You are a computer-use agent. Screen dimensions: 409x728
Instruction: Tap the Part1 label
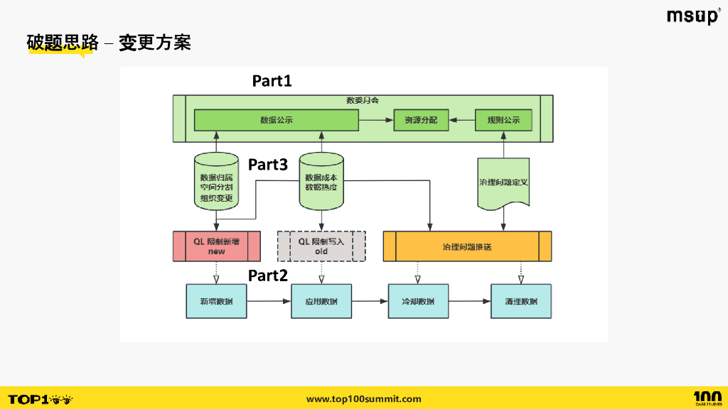(272, 81)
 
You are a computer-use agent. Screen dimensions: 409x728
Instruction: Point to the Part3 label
(267, 165)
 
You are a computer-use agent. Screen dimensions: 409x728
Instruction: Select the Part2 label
(267, 276)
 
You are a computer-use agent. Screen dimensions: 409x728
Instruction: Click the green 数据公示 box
(276, 120)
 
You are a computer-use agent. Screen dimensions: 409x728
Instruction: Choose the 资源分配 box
(421, 120)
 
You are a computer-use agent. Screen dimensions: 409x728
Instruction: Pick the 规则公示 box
(503, 120)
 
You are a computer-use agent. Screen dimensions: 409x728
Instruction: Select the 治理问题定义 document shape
(503, 183)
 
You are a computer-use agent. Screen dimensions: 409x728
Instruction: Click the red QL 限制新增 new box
(216, 246)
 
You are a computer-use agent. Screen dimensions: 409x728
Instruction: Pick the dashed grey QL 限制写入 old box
(321, 246)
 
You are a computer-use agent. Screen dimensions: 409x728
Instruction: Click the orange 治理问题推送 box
(467, 246)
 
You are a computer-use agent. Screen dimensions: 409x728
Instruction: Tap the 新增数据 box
(216, 302)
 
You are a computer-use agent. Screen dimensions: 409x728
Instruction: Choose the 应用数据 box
(321, 302)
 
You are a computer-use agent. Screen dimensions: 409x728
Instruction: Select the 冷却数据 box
(418, 302)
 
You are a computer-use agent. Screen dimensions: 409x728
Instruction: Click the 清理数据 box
(521, 302)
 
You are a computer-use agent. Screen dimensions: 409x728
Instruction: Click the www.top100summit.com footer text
(363, 399)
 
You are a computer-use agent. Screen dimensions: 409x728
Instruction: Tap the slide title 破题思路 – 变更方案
(108, 43)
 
